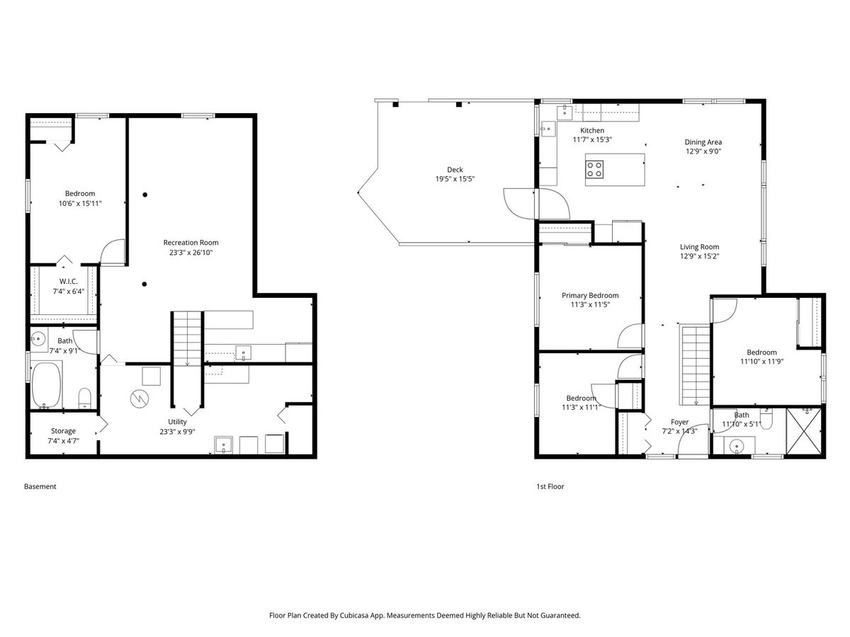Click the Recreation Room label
[x=191, y=243]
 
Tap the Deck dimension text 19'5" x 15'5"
[x=455, y=178]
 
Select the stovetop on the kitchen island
[x=594, y=169]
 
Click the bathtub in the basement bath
[x=46, y=385]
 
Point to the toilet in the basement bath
[x=84, y=398]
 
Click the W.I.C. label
[x=68, y=281]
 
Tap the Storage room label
[x=63, y=431]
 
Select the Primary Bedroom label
[x=590, y=295]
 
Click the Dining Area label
[x=703, y=142]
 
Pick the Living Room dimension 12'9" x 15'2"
[x=699, y=256]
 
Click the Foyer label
[x=679, y=422]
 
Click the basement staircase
[x=187, y=338]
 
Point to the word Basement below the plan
[x=40, y=486]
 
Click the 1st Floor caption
[x=550, y=486]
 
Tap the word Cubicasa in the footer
[x=355, y=615]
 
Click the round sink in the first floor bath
[x=736, y=447]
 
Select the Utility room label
[x=177, y=422]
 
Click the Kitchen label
[x=591, y=130]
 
